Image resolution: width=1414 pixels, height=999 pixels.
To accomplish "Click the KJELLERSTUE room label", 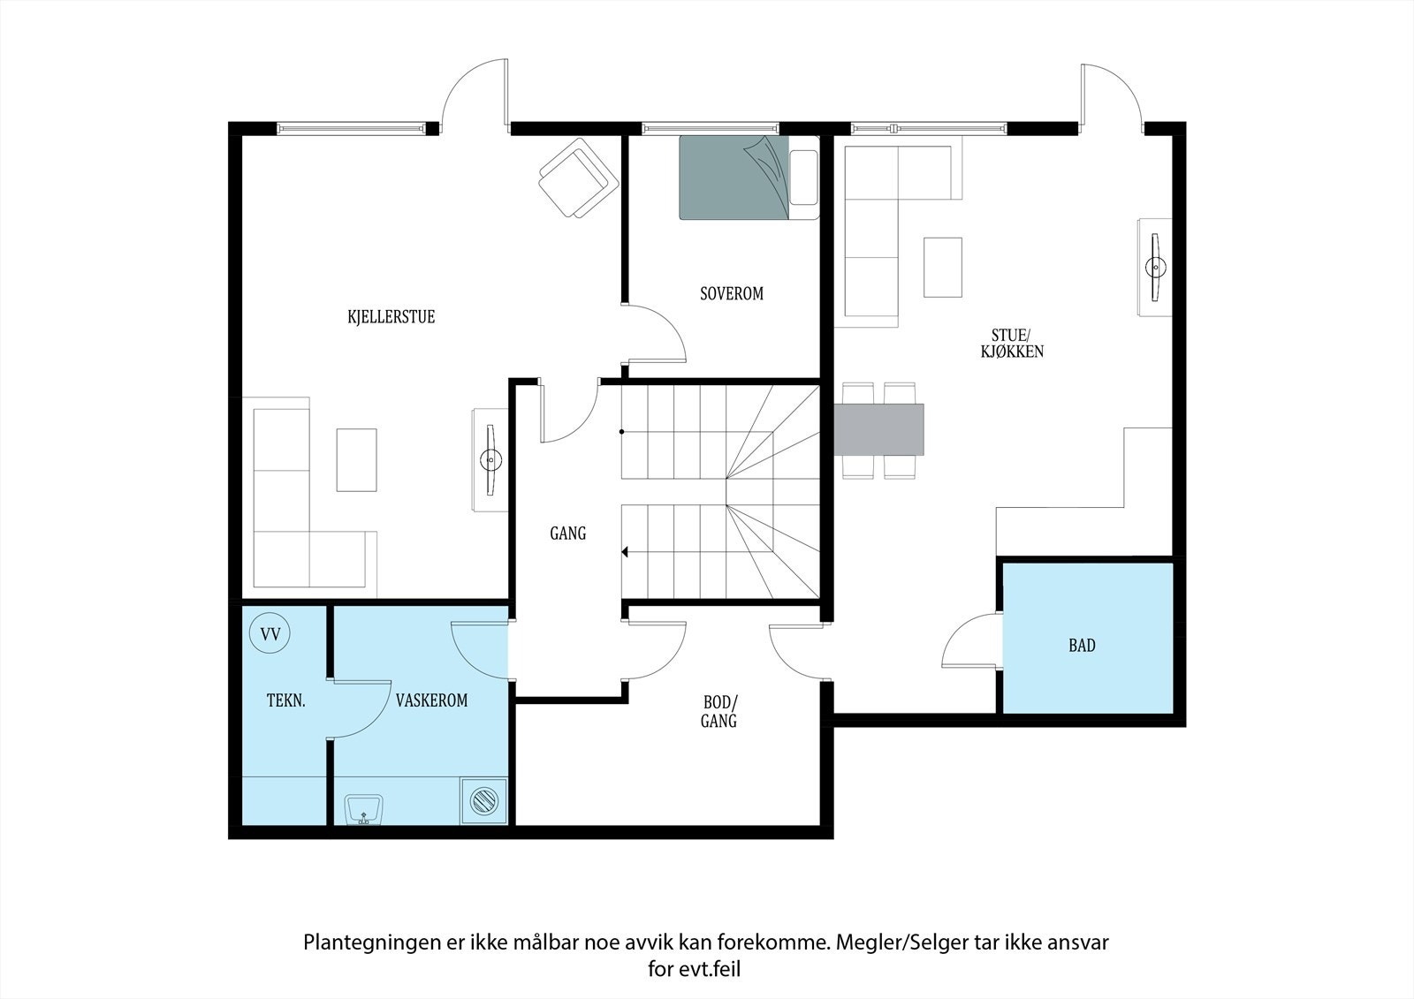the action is pos(392,316).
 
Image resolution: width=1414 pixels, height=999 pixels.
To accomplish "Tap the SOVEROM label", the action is pos(732,293).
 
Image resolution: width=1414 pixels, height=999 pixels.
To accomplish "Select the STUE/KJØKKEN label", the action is pos(1012,344).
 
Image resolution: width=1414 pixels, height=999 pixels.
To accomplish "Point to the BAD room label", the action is pos(1082,645).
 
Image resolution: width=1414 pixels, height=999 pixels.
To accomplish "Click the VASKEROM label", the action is pos(432,700).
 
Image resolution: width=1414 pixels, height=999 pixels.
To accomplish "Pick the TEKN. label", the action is pos(286,700).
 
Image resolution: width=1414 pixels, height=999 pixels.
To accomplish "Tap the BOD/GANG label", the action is pos(719,711).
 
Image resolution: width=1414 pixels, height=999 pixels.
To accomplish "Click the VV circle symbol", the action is pos(270,633).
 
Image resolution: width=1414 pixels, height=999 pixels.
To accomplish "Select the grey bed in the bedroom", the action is pos(734,178).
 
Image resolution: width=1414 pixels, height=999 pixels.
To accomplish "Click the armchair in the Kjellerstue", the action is pos(578,178).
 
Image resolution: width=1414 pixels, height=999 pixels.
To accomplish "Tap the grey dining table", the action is pos(878,429).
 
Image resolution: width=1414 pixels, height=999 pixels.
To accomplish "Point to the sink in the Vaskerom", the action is pos(363,810).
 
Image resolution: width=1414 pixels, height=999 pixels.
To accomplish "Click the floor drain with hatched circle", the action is pos(484,801).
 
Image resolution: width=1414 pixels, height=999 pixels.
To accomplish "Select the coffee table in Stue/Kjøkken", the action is pos(943,267).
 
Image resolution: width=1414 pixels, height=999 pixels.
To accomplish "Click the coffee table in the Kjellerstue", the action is pos(357,460).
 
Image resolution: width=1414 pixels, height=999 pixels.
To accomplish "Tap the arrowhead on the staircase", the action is pos(625,552).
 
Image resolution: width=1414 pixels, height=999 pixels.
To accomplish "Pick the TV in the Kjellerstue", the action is pos(490,459).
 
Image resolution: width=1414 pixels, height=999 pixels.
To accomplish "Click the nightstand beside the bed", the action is pos(803,178).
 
